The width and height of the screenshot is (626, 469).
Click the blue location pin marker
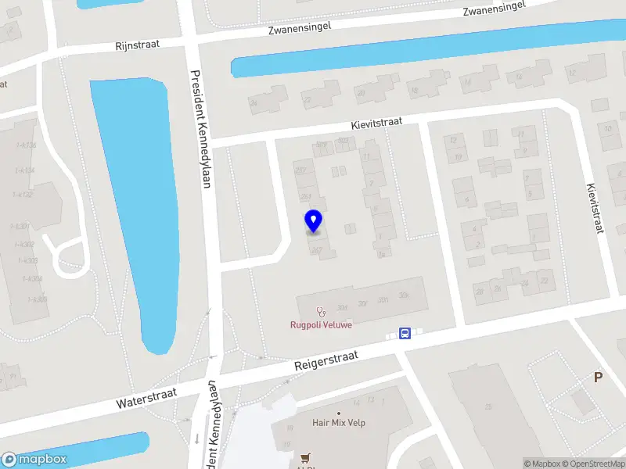[x=314, y=221]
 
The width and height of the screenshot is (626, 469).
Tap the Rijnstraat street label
[x=137, y=45]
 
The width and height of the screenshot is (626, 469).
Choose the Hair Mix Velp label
[x=339, y=423]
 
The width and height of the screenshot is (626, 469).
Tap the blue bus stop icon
[x=405, y=334]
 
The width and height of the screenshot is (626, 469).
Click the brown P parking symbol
[x=599, y=378]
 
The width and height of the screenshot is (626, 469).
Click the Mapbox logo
[x=34, y=460]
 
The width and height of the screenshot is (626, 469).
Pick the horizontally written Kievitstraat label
[x=376, y=124]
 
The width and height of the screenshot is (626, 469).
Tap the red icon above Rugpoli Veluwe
[x=321, y=312]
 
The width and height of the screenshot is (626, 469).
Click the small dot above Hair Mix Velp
[x=339, y=413]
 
